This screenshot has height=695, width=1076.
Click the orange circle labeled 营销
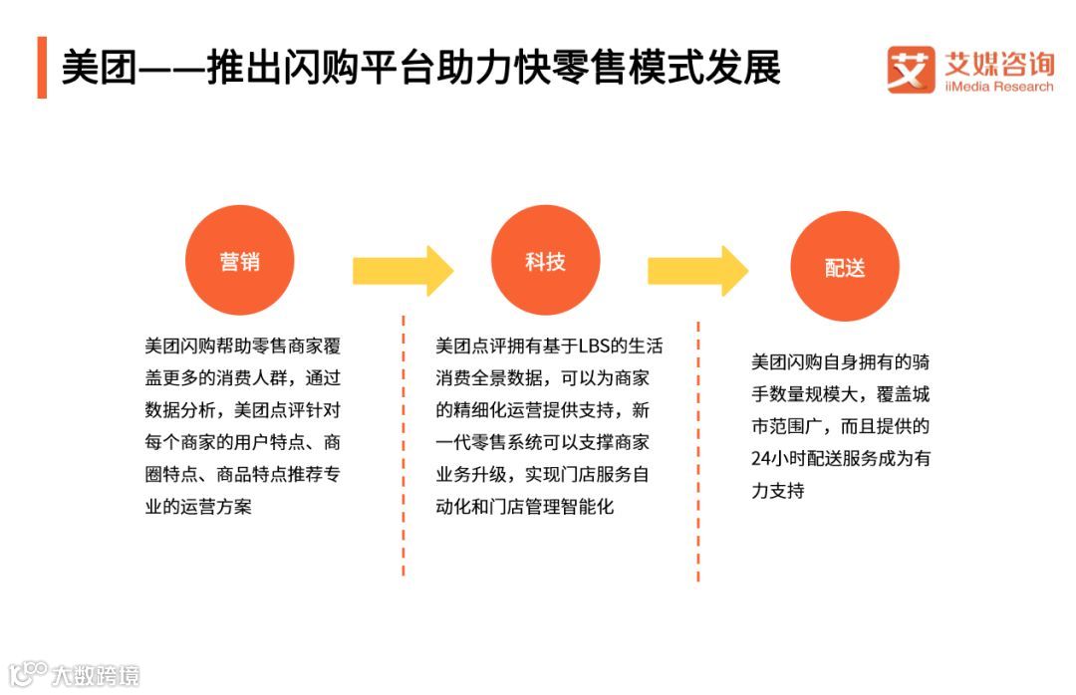240,260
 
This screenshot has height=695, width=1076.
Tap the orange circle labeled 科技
545,260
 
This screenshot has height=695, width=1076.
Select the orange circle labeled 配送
845,267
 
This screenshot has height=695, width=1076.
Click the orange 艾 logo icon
911,70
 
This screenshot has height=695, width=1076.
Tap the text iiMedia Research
998,87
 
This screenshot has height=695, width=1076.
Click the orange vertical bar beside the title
42,68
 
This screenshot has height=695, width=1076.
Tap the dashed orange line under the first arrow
403,448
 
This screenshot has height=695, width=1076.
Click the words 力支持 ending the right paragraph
777,491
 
